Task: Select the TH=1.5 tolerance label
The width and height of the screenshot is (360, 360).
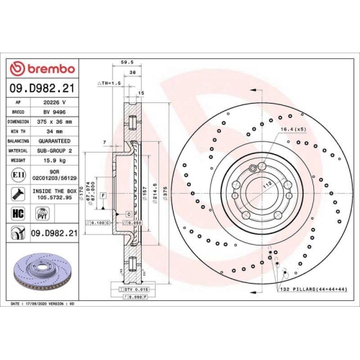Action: [x=109, y=84]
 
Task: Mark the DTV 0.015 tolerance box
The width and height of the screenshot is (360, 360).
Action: [x=130, y=288]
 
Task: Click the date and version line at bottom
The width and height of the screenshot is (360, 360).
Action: [x=43, y=305]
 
